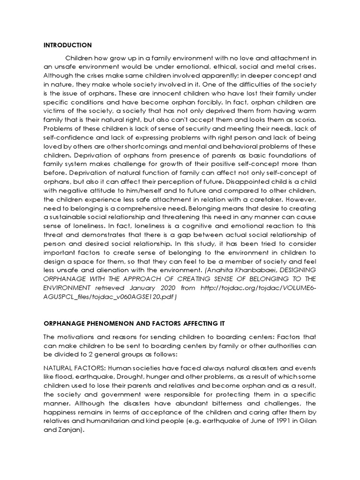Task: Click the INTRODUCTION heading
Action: click(x=67, y=45)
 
